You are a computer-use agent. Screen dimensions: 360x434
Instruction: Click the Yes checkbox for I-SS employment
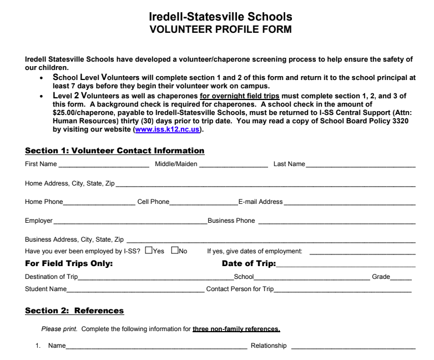(148, 251)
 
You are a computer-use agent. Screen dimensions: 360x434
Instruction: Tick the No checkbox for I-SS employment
(175, 251)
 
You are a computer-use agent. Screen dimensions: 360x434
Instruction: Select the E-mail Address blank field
(350, 203)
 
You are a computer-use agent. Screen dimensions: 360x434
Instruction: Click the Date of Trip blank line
(345, 264)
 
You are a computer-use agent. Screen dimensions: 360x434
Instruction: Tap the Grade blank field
(401, 277)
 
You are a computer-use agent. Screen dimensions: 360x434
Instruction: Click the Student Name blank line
(135, 289)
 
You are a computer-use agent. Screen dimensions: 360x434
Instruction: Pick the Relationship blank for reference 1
(352, 347)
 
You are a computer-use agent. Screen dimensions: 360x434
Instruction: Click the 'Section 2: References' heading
(74, 310)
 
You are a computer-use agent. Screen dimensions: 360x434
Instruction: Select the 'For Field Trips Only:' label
(69, 264)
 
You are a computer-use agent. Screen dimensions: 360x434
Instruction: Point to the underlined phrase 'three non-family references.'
(236, 329)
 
